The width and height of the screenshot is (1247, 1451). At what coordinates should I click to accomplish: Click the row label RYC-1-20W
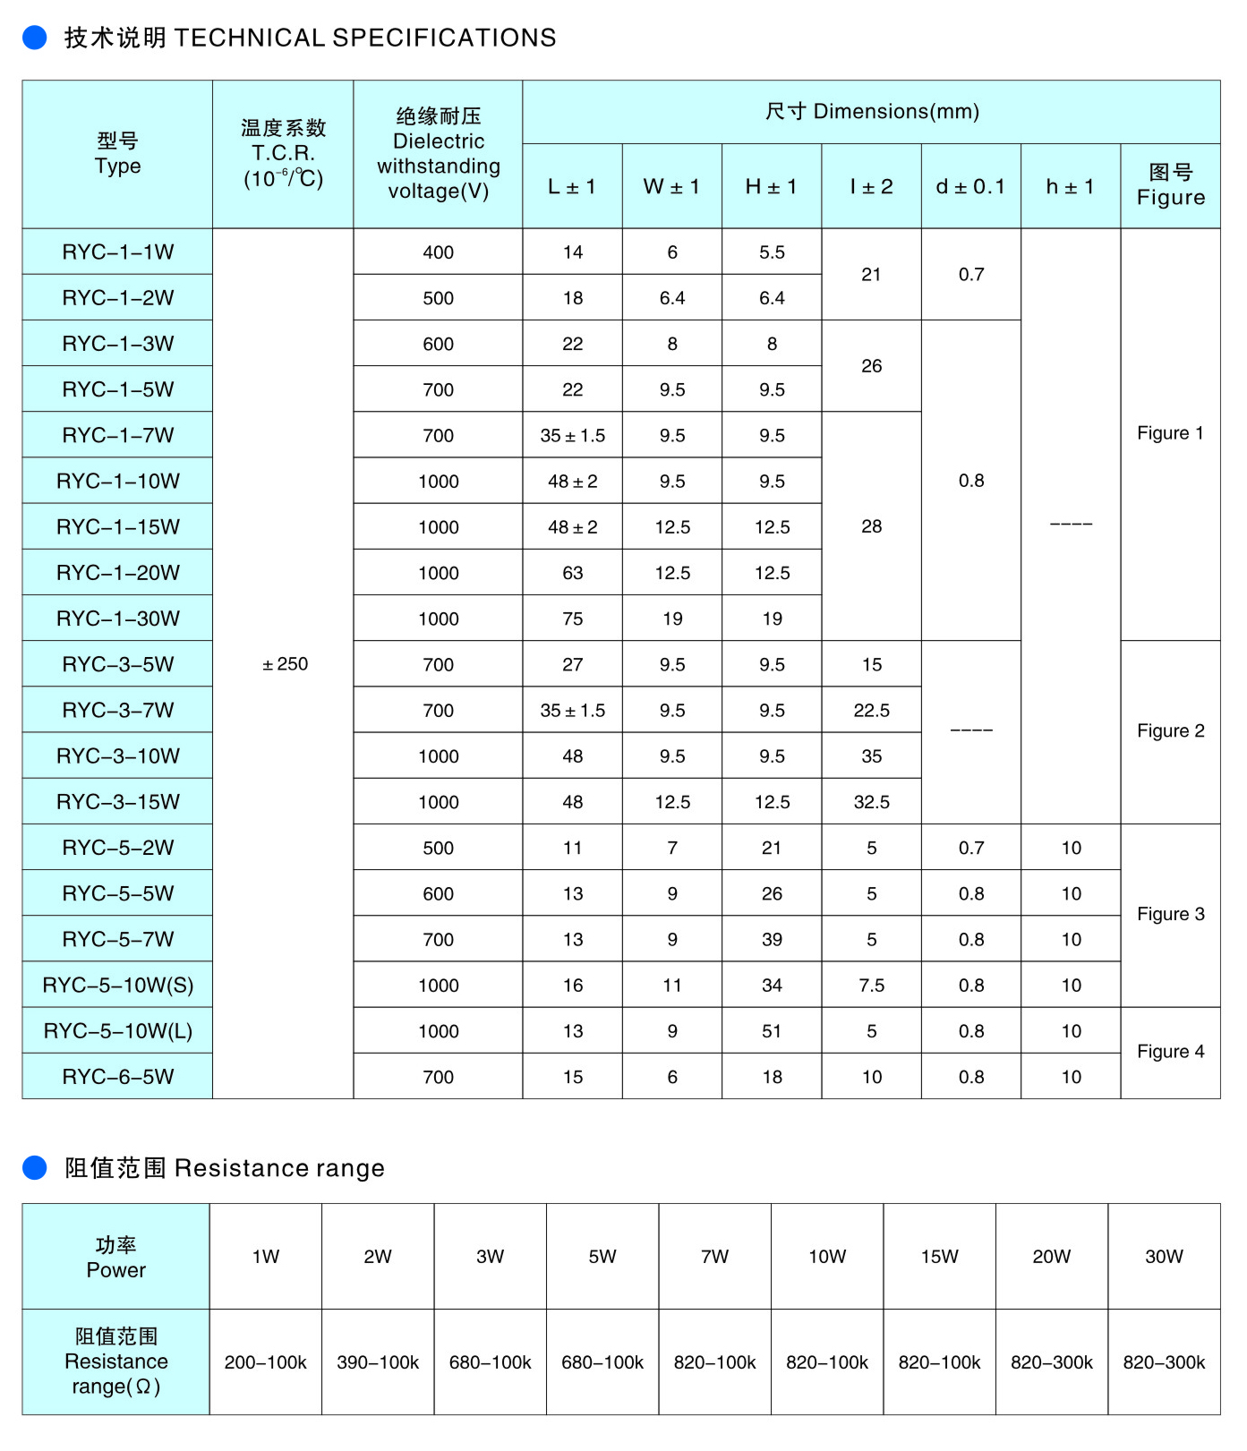pos(117,573)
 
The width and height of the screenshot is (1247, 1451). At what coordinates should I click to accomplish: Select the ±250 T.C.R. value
pos(285,664)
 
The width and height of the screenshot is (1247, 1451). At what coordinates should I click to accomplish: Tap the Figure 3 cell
pos(1170,914)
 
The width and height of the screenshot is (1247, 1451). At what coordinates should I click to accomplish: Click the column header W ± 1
pos(671,187)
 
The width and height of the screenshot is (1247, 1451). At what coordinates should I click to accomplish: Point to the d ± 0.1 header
pos(970,187)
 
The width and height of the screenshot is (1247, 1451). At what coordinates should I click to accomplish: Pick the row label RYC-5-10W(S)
pos(117,986)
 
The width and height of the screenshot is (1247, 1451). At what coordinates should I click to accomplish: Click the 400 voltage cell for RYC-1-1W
pos(438,252)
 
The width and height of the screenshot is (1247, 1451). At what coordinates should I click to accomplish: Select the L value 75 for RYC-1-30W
pos(572,619)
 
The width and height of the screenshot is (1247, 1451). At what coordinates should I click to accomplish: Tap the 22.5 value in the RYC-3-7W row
pos(871,711)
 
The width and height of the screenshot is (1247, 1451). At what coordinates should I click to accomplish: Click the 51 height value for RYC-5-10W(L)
pos(772,1031)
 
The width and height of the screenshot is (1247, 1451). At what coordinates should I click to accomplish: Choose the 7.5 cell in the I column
pos(871,986)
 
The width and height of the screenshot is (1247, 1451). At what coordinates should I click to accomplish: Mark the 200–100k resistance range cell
pos(265,1362)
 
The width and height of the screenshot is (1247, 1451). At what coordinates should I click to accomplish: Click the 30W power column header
pos(1164,1257)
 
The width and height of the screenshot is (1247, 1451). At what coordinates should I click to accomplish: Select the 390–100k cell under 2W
pos(378,1362)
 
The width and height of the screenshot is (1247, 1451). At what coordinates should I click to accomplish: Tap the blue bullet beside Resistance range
pos(34,1167)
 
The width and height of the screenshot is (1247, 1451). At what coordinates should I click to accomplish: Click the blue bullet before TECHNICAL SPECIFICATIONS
pos(34,38)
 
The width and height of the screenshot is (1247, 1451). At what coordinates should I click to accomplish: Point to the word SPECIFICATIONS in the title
pos(444,38)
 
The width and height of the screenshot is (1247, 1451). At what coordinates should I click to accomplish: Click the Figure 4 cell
pos(1170,1052)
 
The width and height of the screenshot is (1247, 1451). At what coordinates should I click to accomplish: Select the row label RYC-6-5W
pos(117,1077)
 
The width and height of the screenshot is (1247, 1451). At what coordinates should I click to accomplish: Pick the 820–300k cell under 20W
pos(1051,1362)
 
